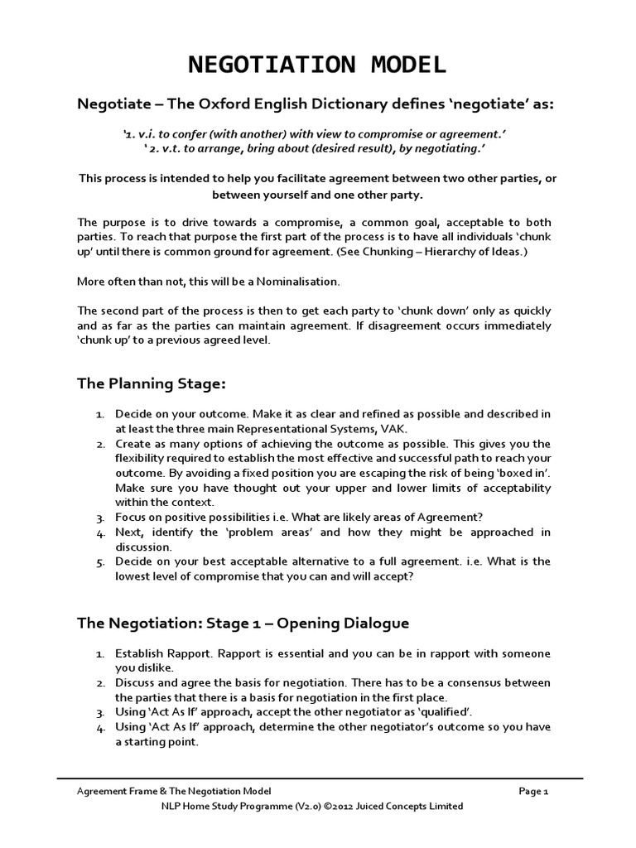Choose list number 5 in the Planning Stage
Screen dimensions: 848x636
tap(99, 561)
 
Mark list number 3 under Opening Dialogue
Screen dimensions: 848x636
tap(99, 711)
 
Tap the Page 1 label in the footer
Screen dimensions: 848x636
tap(534, 791)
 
